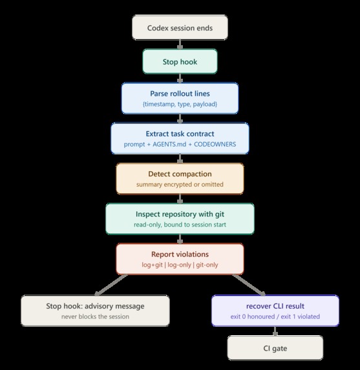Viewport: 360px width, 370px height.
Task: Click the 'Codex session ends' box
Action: [180, 28]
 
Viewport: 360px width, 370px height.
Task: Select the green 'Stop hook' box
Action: [180, 61]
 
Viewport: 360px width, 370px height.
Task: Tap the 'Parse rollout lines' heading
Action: [180, 94]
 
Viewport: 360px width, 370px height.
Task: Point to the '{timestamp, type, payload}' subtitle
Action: [180, 104]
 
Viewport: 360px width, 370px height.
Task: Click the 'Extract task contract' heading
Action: [180, 134]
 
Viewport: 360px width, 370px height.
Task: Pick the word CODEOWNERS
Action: [215, 144]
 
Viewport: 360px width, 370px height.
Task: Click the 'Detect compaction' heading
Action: [180, 174]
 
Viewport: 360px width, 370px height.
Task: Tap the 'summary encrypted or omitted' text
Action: [180, 184]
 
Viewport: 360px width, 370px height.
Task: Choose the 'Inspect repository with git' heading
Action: [180, 214]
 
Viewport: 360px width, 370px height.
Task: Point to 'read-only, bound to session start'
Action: [180, 225]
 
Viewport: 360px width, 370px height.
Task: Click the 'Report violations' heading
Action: [180, 254]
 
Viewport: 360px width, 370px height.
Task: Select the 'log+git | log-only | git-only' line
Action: [180, 265]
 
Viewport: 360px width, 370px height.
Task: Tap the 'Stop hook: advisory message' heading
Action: [95, 306]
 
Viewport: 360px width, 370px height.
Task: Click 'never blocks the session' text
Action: [95, 316]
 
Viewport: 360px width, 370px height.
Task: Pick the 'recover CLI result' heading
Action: [275, 306]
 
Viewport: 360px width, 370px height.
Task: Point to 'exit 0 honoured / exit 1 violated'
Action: [275, 316]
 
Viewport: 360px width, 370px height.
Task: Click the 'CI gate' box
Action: [275, 348]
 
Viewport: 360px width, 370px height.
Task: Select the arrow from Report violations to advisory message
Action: [111, 285]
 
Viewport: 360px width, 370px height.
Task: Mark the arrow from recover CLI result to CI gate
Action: [275, 331]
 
